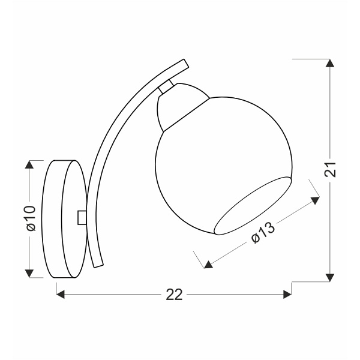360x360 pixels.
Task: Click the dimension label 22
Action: point(174,294)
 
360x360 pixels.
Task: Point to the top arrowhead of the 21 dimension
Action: point(329,63)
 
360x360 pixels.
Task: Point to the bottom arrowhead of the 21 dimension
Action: point(329,277)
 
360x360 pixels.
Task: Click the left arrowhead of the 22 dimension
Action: point(61,294)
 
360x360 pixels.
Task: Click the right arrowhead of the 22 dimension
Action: point(287,294)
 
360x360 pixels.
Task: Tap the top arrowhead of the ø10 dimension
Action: point(29,165)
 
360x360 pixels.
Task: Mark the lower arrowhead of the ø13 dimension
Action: point(207,263)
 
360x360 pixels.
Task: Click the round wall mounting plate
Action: point(63,219)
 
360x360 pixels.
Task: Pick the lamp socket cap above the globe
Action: point(180,107)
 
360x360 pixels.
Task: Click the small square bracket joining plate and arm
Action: point(82,217)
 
